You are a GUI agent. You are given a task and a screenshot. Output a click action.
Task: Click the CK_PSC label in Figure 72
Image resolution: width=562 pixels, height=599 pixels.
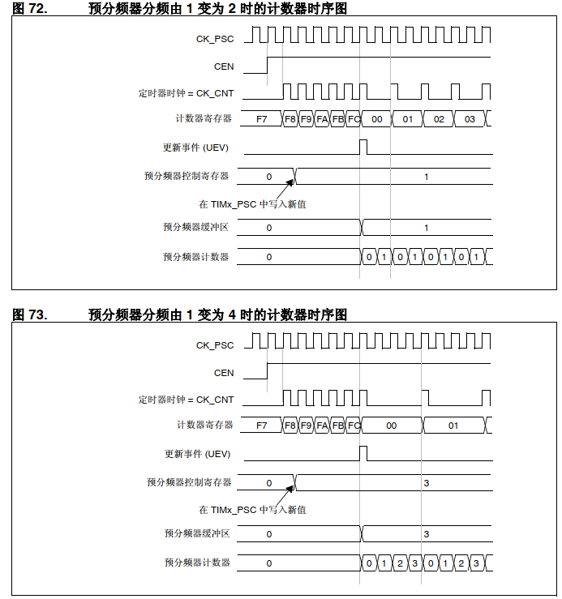tap(215, 38)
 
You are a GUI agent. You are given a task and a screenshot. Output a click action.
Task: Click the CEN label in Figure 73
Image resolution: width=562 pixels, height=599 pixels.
tap(224, 373)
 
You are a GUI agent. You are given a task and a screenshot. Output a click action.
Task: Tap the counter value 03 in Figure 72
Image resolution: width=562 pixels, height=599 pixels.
tap(470, 119)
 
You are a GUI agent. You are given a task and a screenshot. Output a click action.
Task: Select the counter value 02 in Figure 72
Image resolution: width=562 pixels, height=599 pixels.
tap(439, 119)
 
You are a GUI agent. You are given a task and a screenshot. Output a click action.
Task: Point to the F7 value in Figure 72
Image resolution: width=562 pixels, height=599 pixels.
tap(261, 119)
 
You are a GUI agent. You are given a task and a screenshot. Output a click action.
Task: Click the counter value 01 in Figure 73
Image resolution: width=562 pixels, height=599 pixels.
tap(453, 426)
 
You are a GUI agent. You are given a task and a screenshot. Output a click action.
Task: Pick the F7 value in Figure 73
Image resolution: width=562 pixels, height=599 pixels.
tap(261, 426)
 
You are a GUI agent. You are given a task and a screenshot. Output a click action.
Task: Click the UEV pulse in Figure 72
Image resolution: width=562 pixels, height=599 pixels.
tap(363, 147)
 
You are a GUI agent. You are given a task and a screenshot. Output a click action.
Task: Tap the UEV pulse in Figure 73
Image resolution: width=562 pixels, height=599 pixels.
tap(363, 452)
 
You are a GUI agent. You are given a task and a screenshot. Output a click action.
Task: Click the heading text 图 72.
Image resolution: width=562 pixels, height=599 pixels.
tap(30, 10)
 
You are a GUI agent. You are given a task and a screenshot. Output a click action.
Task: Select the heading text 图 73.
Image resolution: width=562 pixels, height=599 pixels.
tap(30, 314)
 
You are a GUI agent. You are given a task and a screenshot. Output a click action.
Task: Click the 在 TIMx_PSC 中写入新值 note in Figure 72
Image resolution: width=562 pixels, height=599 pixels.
tap(252, 204)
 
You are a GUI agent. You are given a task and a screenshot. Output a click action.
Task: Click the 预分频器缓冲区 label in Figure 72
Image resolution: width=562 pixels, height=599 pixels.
tap(195, 228)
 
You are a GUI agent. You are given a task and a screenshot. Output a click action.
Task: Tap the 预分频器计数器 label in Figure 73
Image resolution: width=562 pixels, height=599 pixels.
tap(197, 563)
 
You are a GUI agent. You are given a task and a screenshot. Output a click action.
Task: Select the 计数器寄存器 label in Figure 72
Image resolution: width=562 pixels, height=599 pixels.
tap(204, 119)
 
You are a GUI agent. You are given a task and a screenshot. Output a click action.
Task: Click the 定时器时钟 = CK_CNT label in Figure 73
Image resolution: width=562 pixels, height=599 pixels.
tap(186, 400)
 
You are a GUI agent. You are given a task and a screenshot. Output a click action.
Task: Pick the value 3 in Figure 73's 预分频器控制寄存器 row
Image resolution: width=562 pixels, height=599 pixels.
tap(427, 482)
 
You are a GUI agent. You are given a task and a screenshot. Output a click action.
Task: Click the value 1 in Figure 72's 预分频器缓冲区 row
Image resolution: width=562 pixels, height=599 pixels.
tap(427, 229)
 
